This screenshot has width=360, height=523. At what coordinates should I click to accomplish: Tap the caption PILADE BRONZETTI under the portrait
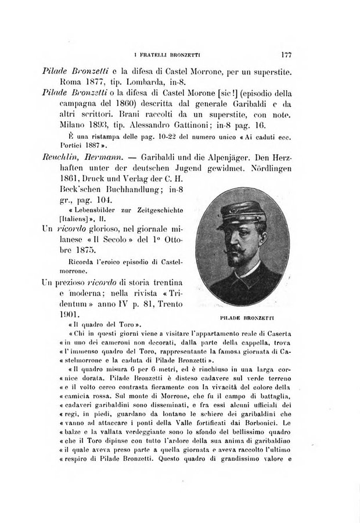[x=248, y=317]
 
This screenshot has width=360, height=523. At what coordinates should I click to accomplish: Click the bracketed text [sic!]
[x=227, y=94]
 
